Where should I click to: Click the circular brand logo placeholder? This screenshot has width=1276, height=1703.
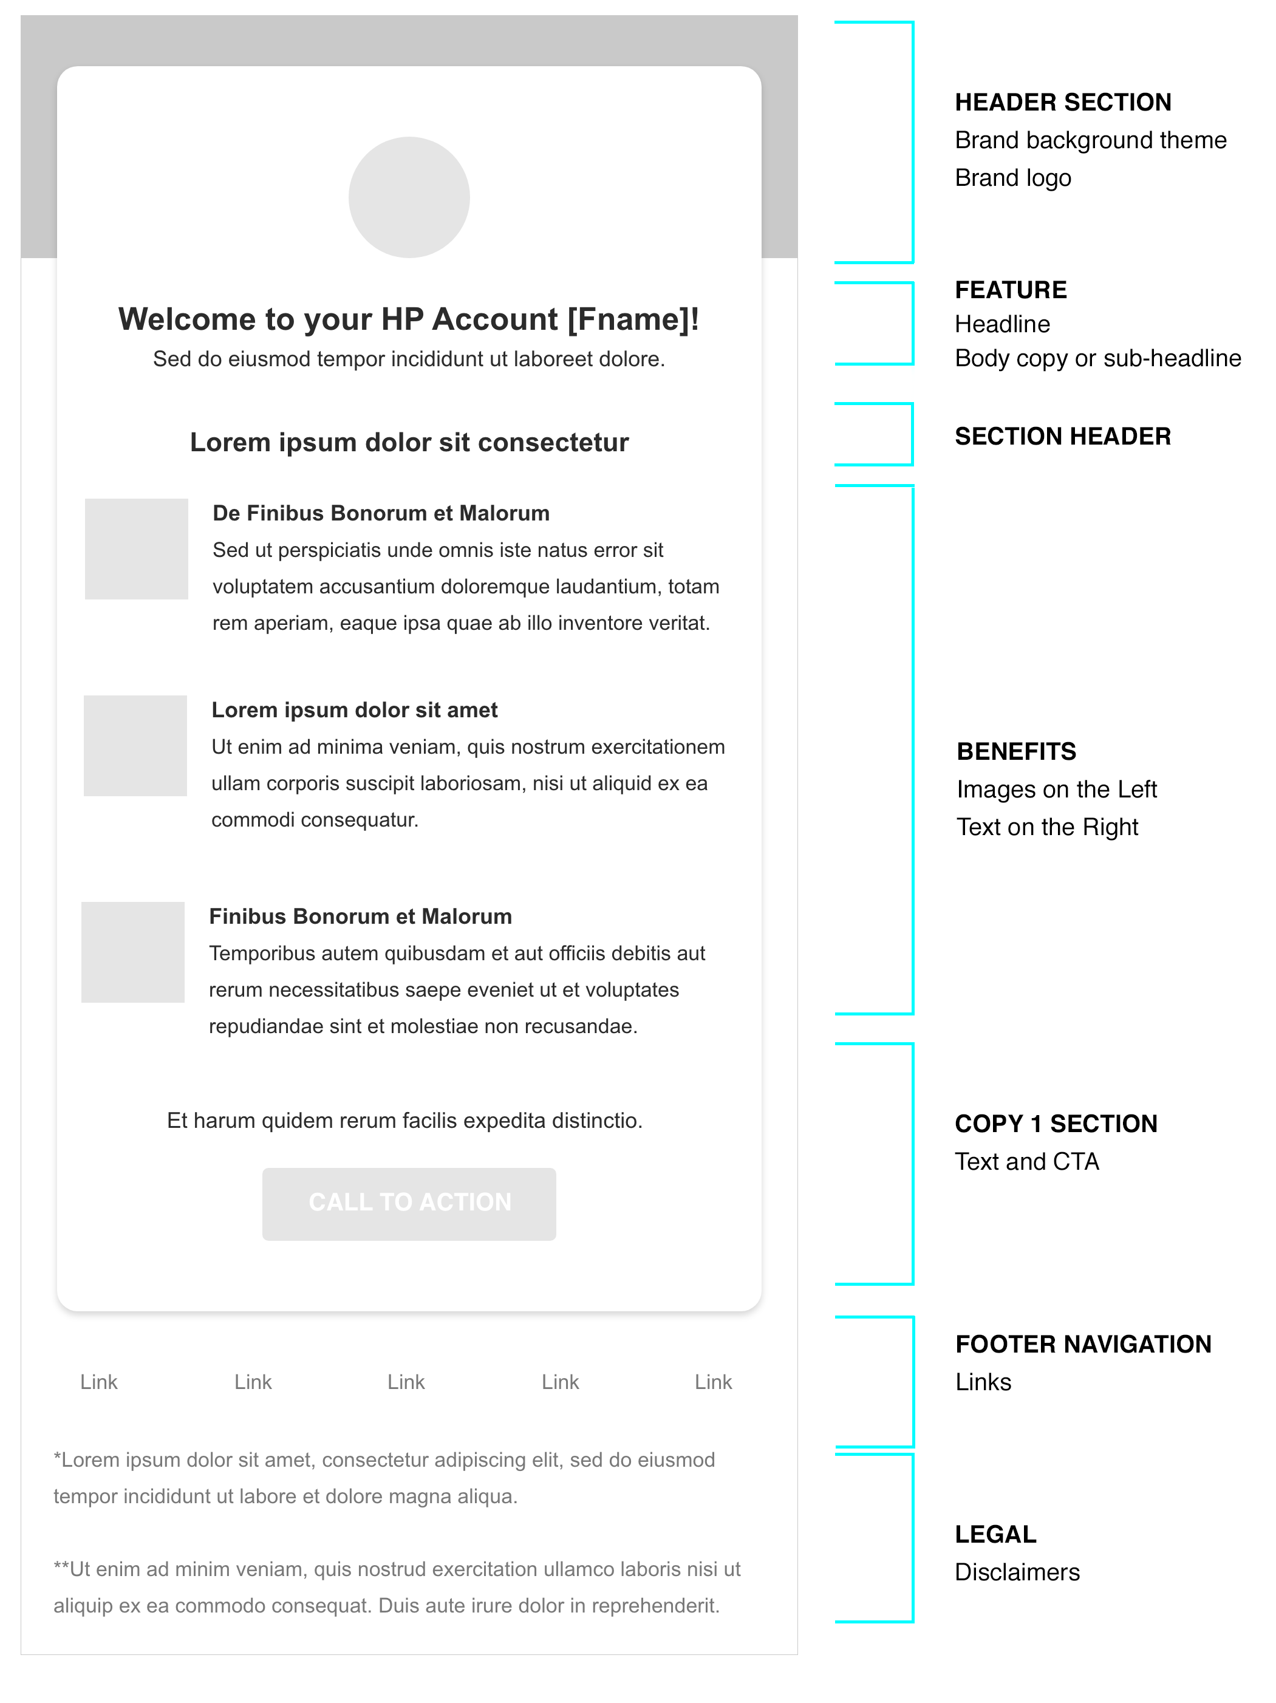pos(409,197)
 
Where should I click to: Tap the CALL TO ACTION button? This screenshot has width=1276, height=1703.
pos(409,1203)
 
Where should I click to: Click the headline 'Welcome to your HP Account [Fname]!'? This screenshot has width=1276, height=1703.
pos(409,319)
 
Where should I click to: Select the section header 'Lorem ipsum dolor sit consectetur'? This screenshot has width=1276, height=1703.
pos(409,443)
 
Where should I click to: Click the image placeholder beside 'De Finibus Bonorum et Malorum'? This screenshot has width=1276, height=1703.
pos(136,549)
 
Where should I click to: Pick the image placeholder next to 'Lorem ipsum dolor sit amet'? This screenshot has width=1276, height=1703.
pos(135,745)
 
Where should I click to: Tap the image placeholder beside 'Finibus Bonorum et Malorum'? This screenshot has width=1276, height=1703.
pos(133,952)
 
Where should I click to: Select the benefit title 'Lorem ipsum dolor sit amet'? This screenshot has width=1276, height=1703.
pos(354,710)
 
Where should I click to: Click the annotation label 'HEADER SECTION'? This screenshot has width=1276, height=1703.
pos(1063,103)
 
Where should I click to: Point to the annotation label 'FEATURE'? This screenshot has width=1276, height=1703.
pos(1011,290)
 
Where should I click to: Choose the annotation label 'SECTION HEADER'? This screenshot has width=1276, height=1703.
pos(1063,437)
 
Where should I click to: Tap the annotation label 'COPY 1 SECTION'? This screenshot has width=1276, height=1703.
pos(1056,1124)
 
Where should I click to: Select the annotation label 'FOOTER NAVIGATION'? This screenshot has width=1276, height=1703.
pos(1083,1344)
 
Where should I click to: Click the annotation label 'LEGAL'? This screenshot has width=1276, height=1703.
pos(995,1534)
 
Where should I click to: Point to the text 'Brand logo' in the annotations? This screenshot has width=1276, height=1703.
pos(1012,178)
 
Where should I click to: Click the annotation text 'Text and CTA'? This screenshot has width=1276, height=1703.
pos(1026,1162)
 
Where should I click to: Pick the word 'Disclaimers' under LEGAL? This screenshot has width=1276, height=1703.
pos(1017,1572)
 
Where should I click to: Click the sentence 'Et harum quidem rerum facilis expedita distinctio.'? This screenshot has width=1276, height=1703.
pos(404,1120)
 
